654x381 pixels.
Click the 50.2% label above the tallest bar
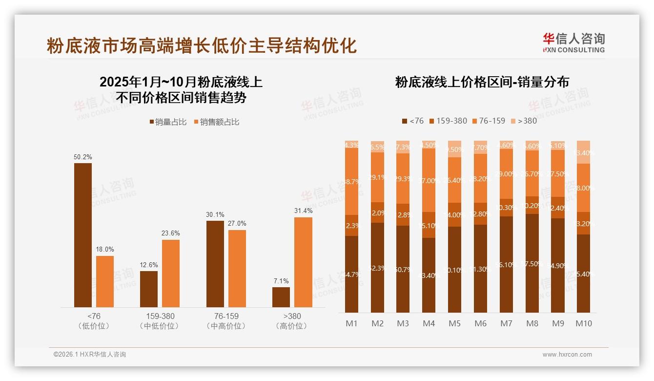click(x=82, y=157)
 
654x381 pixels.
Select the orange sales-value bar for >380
click(x=303, y=262)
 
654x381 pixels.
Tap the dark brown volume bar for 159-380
click(x=149, y=289)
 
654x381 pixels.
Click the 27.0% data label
click(x=237, y=224)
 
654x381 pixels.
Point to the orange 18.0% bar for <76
click(x=104, y=281)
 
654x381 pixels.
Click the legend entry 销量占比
click(x=168, y=122)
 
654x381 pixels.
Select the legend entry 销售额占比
click(x=217, y=122)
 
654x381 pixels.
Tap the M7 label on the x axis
click(x=506, y=323)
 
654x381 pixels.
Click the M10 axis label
click(x=583, y=323)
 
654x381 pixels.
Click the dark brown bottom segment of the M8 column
click(x=532, y=264)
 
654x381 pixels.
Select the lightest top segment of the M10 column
click(x=583, y=152)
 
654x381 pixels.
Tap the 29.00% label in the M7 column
click(x=506, y=174)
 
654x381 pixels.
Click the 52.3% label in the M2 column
click(x=377, y=268)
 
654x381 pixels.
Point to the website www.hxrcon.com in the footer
click(x=567, y=355)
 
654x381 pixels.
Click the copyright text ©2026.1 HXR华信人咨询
click(x=90, y=355)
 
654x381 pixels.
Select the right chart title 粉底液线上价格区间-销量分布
click(x=482, y=82)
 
